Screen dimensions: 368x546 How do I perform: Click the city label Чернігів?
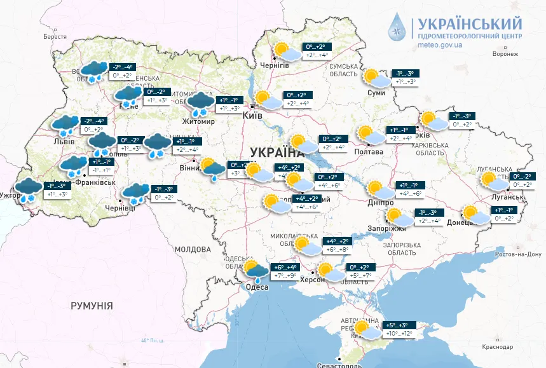(275, 65)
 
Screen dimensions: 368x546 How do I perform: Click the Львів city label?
(64, 140)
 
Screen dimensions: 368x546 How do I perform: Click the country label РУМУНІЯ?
(92, 306)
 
